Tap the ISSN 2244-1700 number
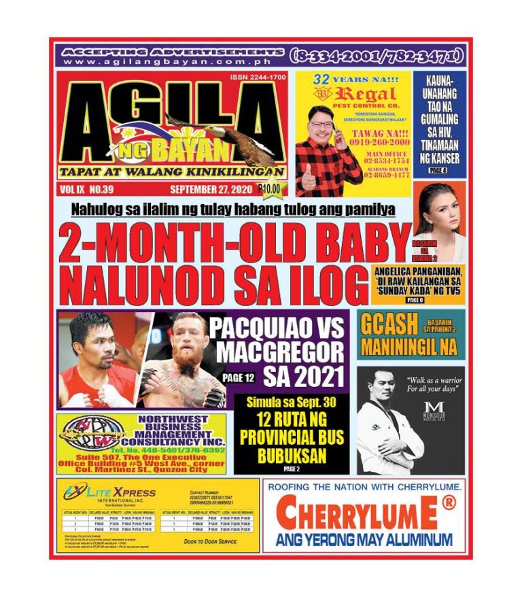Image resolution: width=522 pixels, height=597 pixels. click(x=258, y=78)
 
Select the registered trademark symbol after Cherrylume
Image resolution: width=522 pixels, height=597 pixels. click(x=449, y=504)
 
